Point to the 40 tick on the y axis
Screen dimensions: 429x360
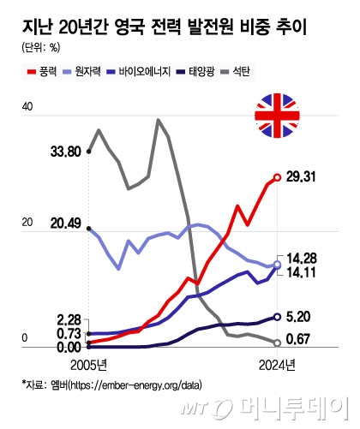tap(27, 108)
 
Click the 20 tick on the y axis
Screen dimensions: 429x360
tap(27, 222)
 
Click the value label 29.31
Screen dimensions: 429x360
tap(304, 176)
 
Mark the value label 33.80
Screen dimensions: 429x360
tap(66, 152)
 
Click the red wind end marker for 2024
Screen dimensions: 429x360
tap(277, 177)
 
